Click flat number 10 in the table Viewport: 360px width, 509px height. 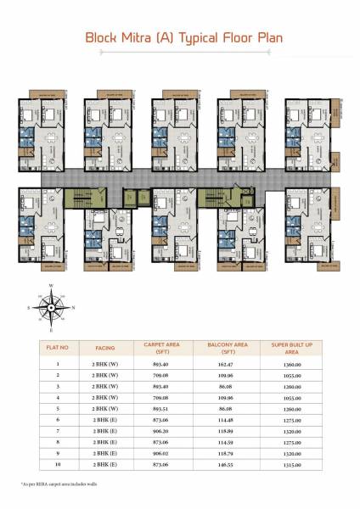point(58,463)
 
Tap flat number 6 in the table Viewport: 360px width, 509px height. point(58,419)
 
